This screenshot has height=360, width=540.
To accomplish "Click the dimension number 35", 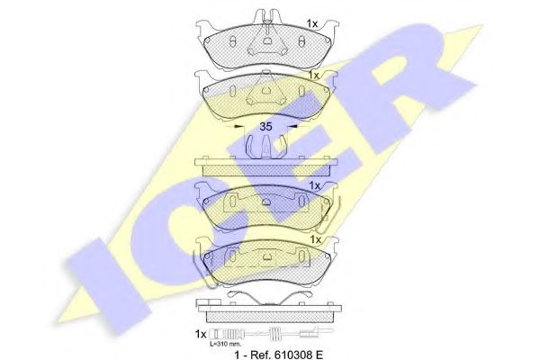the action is point(265,127).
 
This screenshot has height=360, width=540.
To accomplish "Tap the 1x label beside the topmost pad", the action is point(312,23).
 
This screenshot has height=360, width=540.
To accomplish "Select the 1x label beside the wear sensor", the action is point(201,334).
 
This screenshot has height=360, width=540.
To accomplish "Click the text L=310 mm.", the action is point(226,344).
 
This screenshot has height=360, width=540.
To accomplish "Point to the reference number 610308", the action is point(293,355).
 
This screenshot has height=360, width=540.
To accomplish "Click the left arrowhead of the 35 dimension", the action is point(238,127).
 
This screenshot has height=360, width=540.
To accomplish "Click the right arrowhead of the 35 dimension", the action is point(292,126).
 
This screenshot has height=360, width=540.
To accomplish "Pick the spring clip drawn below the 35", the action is point(265,147).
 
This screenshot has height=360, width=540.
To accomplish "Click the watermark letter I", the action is point(109,285).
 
